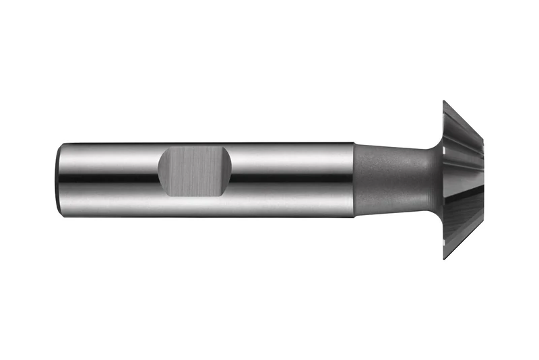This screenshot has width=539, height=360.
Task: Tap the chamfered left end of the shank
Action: (59, 179)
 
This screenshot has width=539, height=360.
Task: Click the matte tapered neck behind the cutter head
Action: (391, 179)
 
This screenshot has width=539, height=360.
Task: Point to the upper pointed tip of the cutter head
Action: (445, 102)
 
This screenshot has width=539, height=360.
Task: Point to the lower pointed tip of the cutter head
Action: (445, 258)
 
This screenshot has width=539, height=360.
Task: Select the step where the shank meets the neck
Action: (354, 179)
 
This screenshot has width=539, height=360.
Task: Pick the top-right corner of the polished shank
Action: (353, 143)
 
